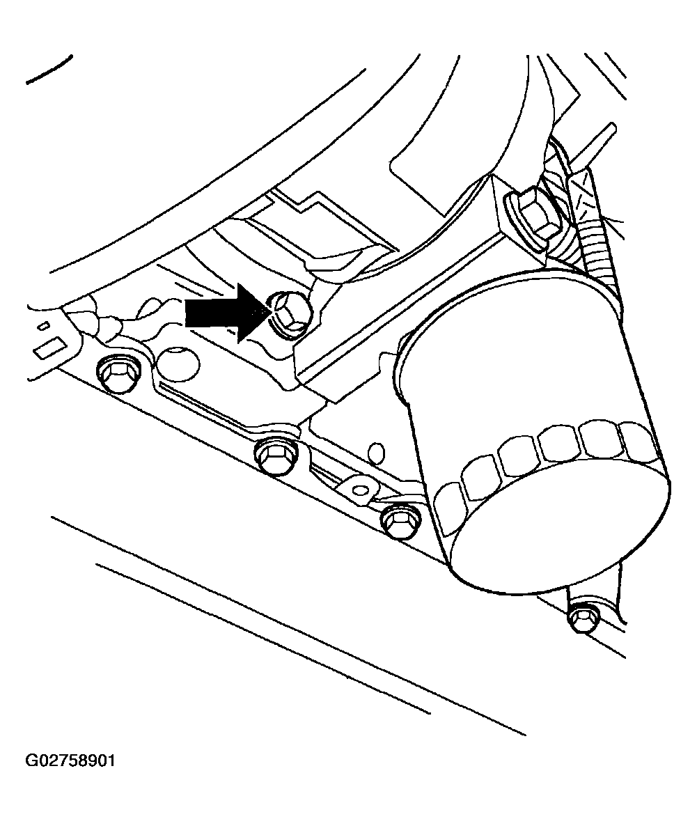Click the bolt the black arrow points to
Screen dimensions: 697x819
coord(289,315)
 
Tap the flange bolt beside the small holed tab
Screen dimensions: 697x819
coord(401,520)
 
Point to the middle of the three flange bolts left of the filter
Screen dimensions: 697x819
coord(276,455)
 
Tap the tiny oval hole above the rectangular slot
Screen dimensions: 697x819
coord(45,326)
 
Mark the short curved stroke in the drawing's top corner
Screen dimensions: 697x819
coord(50,70)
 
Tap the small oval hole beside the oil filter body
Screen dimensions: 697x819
coord(376,453)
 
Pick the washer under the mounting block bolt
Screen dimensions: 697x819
coord(512,212)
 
